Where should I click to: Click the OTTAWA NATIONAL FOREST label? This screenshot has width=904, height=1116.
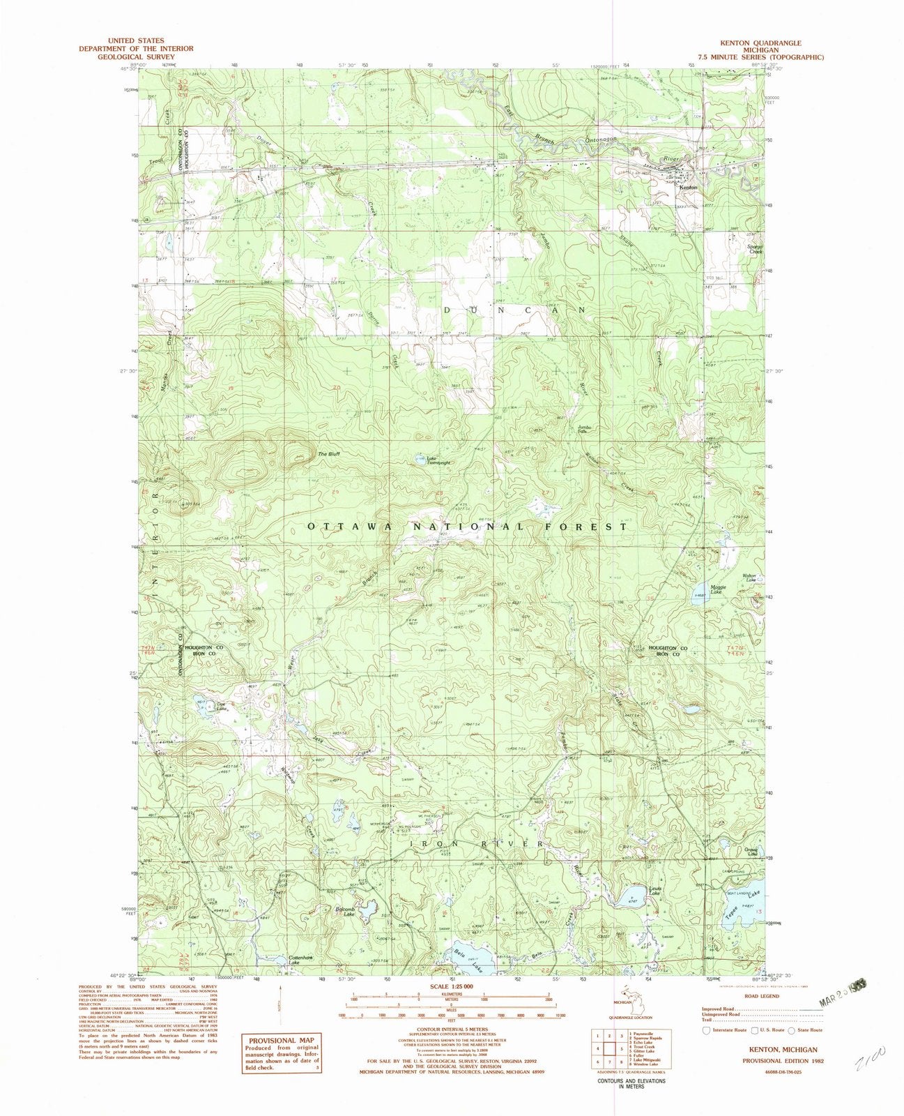(x=467, y=527)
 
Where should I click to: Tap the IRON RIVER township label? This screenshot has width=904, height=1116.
(x=477, y=844)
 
